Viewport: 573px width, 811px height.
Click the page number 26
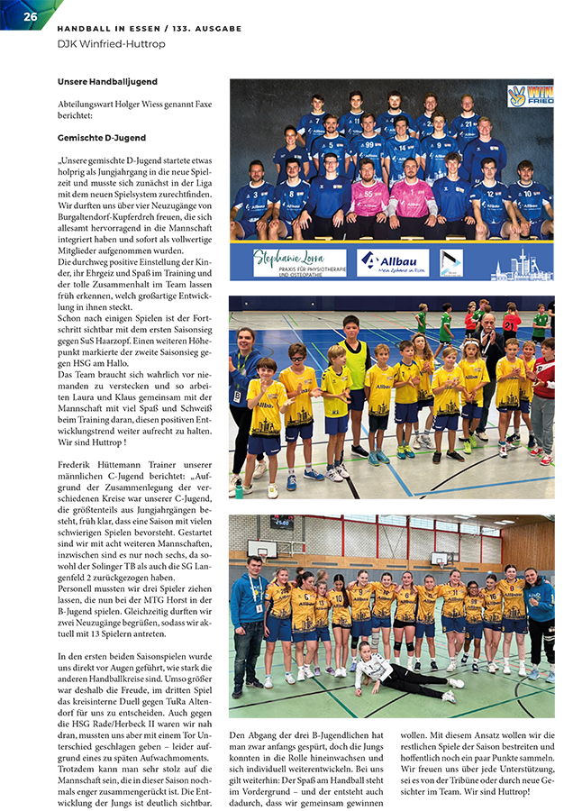(30, 17)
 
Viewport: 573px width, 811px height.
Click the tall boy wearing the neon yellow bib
(354, 369)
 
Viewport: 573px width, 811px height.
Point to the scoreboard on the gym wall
(282, 522)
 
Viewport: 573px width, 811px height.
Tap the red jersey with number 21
(512, 322)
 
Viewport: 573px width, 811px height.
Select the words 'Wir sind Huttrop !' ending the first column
(90, 442)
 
